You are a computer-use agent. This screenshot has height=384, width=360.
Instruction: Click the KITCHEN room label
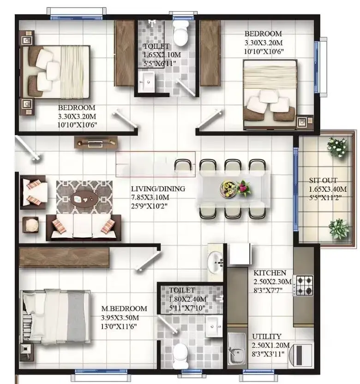point(270,273)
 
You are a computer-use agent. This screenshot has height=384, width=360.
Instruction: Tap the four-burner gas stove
point(305,285)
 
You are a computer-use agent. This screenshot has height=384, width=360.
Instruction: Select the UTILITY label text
point(267,337)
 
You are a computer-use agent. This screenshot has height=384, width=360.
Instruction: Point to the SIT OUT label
point(323,181)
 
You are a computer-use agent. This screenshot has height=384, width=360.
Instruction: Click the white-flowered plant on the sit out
point(338,148)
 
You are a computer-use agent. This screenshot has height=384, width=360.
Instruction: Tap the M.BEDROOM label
point(124,308)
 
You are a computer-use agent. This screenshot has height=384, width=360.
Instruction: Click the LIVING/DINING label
point(158,189)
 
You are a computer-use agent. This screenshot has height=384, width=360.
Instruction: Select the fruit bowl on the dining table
point(228,189)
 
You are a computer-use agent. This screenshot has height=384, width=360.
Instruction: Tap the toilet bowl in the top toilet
point(180,33)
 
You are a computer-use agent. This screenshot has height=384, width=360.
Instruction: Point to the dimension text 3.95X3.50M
point(120,318)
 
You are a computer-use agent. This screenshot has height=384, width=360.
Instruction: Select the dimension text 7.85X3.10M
point(150,197)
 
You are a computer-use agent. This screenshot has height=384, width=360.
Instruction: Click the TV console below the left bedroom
point(96,142)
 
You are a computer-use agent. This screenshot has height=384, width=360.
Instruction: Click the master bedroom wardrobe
point(64,257)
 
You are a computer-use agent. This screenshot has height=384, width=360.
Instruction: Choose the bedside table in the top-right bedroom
point(305,121)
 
